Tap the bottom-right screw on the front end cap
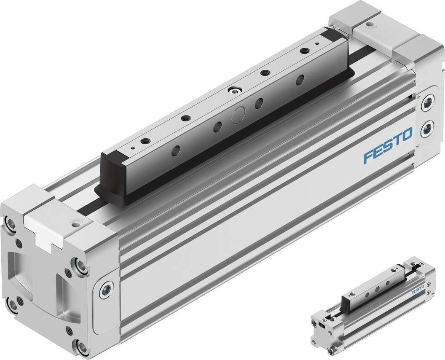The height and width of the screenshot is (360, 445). click(x=82, y=347)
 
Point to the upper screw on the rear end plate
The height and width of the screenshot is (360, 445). click(x=428, y=102)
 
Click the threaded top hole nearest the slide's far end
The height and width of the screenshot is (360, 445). click(x=303, y=51)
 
